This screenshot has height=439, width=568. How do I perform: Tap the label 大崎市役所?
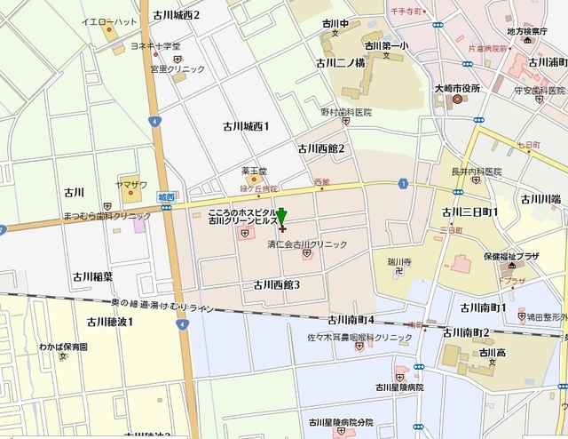pos(457,88)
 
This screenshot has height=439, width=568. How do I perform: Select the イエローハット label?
pos(108,21)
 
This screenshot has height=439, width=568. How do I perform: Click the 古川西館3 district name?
pos(277,284)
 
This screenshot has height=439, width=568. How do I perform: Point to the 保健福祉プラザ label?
pos(510,256)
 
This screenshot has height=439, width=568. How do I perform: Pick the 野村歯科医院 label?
pos(346,113)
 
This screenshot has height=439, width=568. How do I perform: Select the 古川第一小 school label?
pos(388,45)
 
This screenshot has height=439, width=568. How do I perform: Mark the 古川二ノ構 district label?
pos(341,63)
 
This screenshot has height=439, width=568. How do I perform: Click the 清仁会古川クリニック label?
pos(307,243)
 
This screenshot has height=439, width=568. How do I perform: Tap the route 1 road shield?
pos(403,183)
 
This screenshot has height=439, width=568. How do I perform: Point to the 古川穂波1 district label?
pos(110,321)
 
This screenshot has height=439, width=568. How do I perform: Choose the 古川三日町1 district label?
pos(469,212)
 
